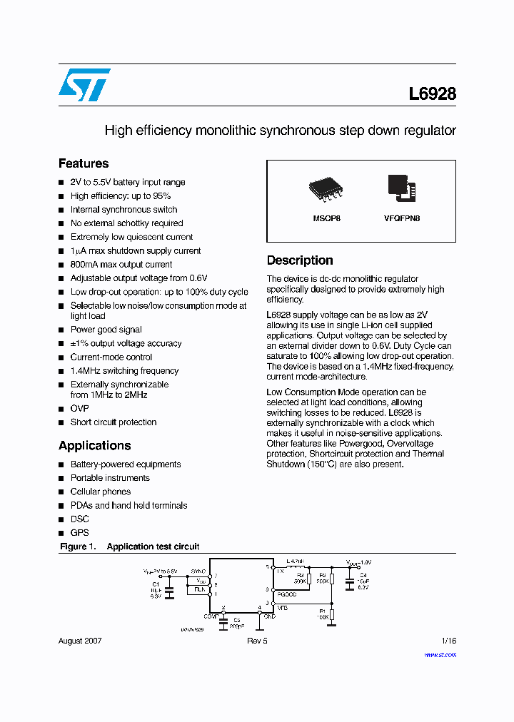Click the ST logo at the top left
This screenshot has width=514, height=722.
pos(84,85)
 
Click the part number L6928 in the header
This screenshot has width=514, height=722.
pos(432,93)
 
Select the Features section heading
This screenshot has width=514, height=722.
pos(84,163)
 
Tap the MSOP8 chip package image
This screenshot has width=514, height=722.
pos(326,188)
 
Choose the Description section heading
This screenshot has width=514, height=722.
pos(300,260)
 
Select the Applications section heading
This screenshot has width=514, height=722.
pos(94,445)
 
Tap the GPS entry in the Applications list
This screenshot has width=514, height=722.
pos(79,532)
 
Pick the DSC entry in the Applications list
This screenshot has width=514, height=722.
pos(79,519)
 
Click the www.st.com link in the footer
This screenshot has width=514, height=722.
pos(440,654)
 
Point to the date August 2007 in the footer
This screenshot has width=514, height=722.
pos(80,641)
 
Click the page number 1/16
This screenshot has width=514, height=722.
pos(448,641)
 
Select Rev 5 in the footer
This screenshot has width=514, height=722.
pos(256,641)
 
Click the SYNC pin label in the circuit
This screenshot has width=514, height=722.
pos(197,571)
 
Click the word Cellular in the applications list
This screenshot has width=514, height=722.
pos(85,492)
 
